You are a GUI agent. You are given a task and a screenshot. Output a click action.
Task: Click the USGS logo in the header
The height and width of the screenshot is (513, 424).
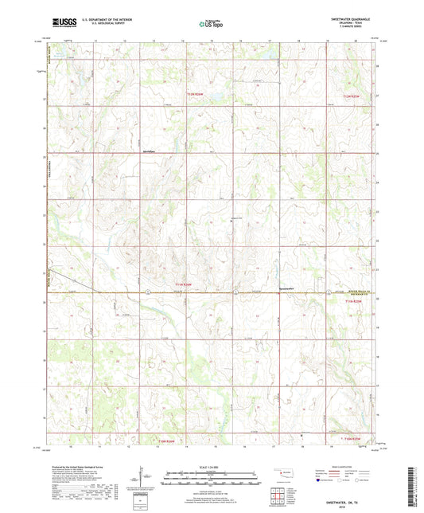[x=60, y=24]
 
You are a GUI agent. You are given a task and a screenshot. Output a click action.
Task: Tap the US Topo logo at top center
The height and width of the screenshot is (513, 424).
[x=209, y=24]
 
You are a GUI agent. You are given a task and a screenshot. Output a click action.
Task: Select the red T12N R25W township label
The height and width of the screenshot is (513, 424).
[x=342, y=96]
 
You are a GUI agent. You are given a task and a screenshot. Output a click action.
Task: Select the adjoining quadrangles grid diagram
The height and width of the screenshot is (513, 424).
[x=279, y=497]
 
